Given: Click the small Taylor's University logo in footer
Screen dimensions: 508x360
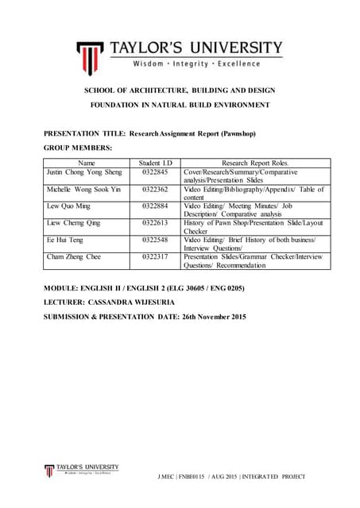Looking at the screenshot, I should point(49,471).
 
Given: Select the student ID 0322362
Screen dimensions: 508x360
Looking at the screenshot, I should point(154,190).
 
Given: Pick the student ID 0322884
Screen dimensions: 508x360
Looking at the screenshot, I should point(154,206).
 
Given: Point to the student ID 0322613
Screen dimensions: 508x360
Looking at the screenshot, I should point(154,224).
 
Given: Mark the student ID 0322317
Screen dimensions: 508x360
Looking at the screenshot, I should point(154,256).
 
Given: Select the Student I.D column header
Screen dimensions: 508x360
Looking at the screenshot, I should point(154,163).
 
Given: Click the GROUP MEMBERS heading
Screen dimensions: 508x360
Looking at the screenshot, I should point(78,148).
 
